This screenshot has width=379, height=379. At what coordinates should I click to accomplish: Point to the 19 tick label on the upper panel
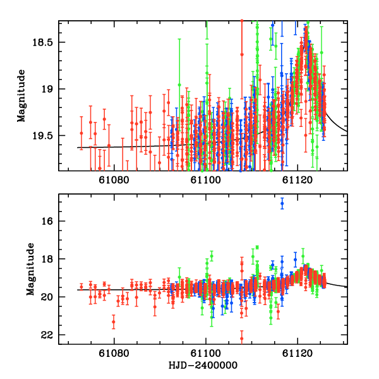click(x=49, y=89)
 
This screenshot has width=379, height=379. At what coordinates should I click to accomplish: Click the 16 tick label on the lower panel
click(x=49, y=222)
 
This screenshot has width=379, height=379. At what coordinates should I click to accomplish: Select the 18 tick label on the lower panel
click(x=49, y=260)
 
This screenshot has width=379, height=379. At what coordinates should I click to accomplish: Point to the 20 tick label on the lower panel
click(x=49, y=297)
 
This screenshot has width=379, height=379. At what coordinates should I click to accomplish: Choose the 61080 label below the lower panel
click(x=114, y=354)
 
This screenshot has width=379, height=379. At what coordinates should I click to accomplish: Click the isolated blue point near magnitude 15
click(x=282, y=203)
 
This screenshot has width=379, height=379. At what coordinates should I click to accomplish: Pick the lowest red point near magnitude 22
click(x=241, y=339)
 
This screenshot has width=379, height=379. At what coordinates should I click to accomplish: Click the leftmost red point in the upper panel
click(x=81, y=133)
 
